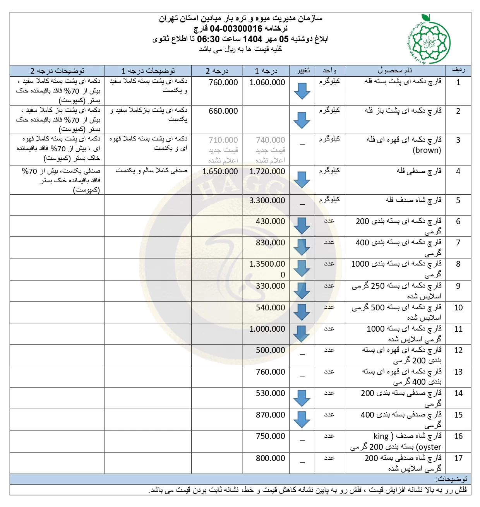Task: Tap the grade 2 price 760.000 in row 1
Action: click(x=223, y=82)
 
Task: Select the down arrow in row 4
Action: click(x=302, y=180)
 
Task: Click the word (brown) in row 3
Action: click(x=427, y=150)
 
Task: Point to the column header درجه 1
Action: click(x=266, y=71)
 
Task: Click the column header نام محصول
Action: click(x=394, y=71)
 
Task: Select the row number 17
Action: click(x=458, y=458)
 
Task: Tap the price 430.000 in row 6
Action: click(x=270, y=221)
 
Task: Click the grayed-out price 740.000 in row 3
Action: click(x=270, y=140)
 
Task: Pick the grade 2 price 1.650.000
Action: click(x=220, y=171)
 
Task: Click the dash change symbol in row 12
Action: click(x=302, y=354)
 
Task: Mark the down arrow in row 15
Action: click(x=302, y=420)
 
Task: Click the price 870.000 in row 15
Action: click(x=270, y=415)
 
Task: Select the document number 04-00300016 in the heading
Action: click(x=236, y=29)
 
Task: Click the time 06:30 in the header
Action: click(x=208, y=39)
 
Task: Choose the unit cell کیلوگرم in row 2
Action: click(x=329, y=111)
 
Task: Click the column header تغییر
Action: click(x=302, y=71)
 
